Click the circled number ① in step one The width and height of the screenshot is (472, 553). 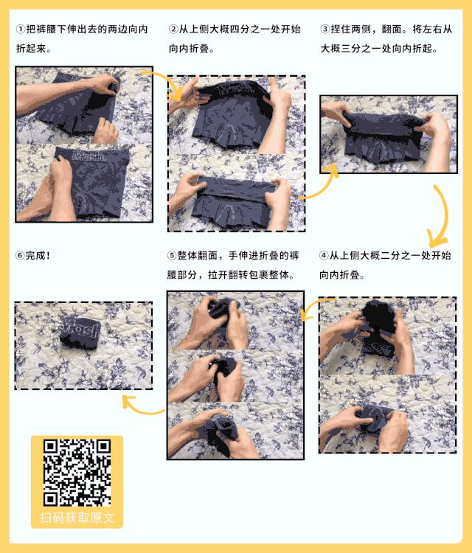click(x=21, y=29)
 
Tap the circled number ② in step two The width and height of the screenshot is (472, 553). click(x=174, y=29)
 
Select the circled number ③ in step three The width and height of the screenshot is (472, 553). click(x=325, y=29)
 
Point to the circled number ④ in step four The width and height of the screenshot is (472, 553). click(x=324, y=256)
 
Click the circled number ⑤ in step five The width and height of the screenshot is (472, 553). click(x=173, y=256)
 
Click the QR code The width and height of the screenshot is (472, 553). click(x=77, y=472)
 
